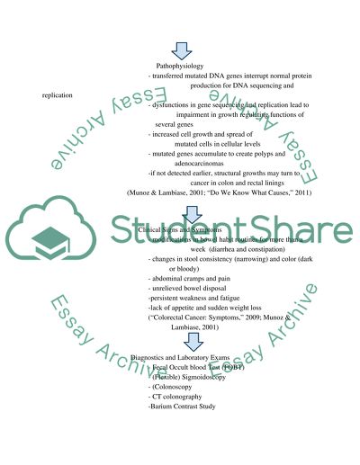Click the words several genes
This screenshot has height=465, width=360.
click(175, 124)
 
